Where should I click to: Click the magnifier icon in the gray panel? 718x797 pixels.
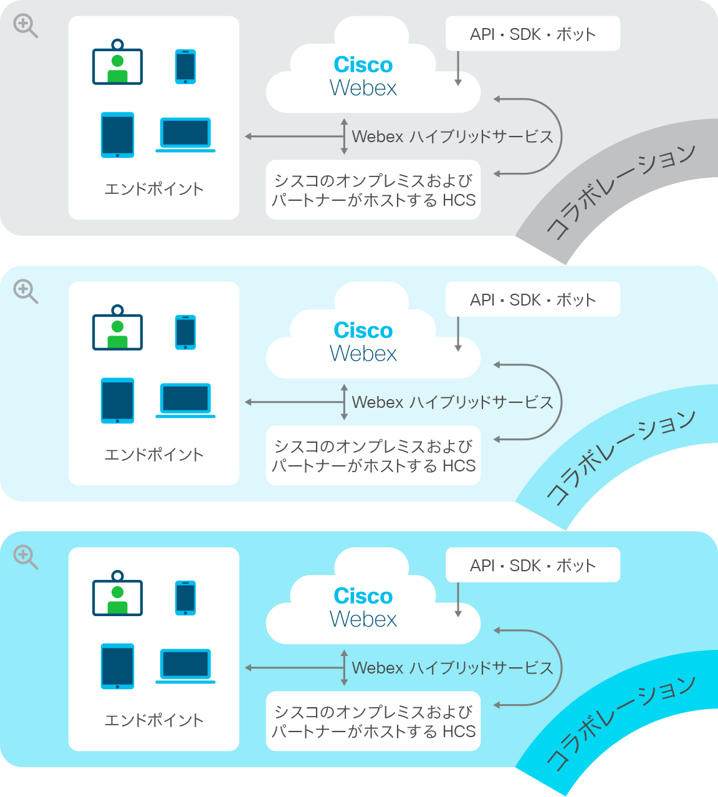26,26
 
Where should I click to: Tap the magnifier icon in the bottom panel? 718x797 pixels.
26,557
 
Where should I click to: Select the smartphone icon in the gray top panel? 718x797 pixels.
186,66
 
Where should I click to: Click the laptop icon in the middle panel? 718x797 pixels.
185,400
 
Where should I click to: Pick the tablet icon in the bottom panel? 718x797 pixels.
118,666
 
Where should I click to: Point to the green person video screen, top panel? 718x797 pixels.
118,62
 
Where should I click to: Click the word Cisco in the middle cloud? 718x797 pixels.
363,330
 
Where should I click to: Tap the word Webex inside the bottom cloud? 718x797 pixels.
363,619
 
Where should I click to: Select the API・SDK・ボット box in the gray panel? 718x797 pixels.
532,34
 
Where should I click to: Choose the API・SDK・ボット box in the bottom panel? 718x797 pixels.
532,564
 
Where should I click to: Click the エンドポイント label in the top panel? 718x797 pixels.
154,189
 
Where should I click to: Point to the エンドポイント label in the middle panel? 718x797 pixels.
154,455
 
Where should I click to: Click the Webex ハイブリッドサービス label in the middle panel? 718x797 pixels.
452,402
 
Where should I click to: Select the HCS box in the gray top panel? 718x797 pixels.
373,190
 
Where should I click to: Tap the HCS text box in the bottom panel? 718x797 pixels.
373,721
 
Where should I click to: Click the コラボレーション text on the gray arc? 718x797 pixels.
620,191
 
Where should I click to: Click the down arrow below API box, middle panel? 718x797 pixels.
458,334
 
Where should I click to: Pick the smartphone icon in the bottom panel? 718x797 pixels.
186,597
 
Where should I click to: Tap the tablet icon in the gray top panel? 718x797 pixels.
118,135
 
